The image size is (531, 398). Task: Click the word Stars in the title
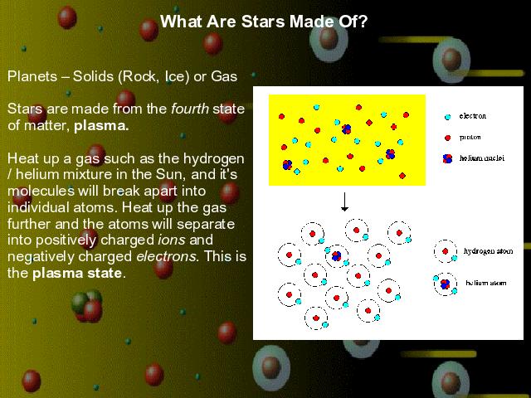pos(263,22)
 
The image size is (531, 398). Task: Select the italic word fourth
pos(190,109)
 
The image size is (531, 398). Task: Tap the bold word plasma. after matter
pos(101,126)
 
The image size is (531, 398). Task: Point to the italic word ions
pos(172,240)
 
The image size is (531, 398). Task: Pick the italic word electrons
pos(167,256)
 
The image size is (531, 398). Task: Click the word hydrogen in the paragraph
pos(214,158)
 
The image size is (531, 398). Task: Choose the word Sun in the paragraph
pos(168,174)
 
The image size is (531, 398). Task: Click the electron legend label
pos(472,116)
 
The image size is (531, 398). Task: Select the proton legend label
pos(470,137)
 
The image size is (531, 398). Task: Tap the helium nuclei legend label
pos(482,158)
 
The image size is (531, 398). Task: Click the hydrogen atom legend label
pos(489,251)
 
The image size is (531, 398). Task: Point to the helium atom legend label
pos(486,283)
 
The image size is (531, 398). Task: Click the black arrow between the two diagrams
pos(344,201)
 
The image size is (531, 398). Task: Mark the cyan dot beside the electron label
pos(448,117)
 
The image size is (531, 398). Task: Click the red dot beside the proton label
pos(448,138)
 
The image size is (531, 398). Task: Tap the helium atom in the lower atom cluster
pos(337,256)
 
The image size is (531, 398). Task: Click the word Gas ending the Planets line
pos(224,76)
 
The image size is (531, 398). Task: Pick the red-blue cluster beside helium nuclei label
pos(448,158)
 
